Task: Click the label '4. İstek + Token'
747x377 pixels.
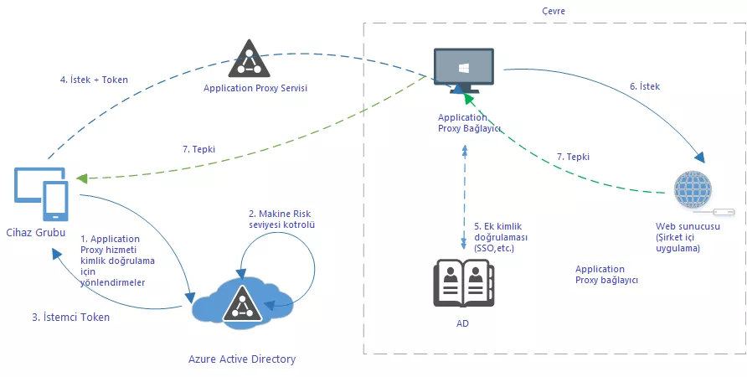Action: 94,80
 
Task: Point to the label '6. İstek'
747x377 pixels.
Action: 645,86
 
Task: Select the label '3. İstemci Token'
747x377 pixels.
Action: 70,318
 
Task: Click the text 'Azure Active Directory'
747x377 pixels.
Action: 242,359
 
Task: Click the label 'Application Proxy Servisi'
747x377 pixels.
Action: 255,87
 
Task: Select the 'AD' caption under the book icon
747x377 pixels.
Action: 463,323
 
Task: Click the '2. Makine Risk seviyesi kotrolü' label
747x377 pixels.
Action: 281,219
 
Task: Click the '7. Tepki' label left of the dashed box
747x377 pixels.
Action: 198,148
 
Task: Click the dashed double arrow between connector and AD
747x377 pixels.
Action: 463,197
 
